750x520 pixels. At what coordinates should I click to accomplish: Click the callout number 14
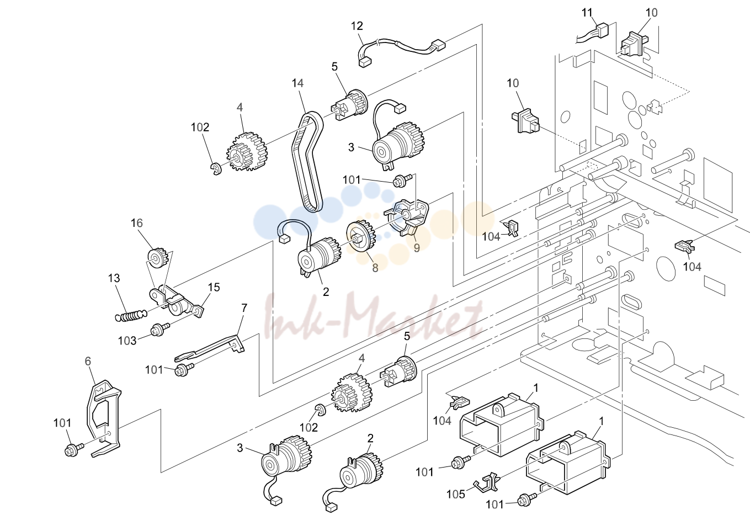coord(297,83)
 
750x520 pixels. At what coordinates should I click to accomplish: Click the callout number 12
coord(357,26)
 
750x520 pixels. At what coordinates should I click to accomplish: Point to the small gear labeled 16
coord(157,258)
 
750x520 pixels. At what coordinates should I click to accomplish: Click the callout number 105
coord(456,494)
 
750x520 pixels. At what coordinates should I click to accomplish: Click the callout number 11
coord(587,13)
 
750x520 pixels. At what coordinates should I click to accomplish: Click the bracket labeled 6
coord(103,418)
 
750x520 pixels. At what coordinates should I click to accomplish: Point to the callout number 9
coord(417,248)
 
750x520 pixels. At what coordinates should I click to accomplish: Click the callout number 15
coord(214,287)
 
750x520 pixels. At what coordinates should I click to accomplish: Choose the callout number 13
coord(114,278)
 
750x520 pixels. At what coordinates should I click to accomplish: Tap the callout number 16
coord(137,223)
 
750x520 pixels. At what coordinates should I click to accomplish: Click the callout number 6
coord(88,361)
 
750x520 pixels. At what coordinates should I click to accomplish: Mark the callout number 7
coord(244,307)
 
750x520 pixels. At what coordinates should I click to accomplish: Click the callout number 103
coord(127,341)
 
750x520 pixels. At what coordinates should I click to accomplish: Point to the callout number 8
coord(375,268)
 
